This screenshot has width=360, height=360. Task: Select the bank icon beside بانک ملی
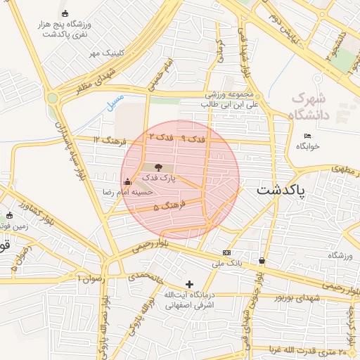coord(226,252)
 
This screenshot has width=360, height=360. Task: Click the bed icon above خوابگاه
coord(307,136)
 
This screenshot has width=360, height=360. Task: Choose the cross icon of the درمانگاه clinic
coord(188,283)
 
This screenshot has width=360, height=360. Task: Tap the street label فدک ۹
coord(193,139)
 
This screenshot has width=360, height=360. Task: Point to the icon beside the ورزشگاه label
coord(262,261)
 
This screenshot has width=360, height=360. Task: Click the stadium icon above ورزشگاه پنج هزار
coord(65,13)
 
